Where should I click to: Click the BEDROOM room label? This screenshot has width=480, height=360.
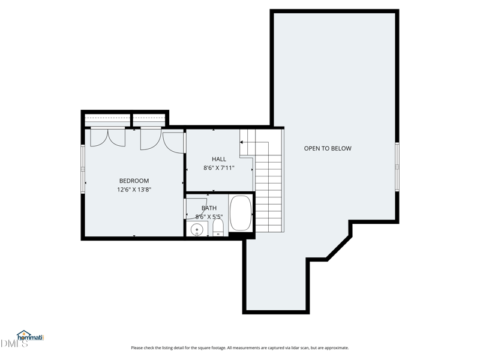pos(134,181)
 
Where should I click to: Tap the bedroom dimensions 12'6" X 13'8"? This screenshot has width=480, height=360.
pos(134,190)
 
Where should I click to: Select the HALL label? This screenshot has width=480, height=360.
pos(219,159)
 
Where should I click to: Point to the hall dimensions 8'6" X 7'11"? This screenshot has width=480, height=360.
pos(219,168)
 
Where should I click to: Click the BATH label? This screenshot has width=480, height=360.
pos(209,208)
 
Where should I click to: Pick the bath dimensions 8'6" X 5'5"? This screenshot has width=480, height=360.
pos(209,217)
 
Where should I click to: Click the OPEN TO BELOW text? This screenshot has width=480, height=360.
pos(328,148)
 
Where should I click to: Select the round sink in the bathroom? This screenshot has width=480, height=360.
pos(197,229)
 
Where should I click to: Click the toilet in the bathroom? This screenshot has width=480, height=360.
pos(218,228)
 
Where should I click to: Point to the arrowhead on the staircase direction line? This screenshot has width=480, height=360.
pos(241,142)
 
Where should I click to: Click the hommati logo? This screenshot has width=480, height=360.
pos(31,336)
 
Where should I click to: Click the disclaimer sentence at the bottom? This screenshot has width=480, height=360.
pos(239,348)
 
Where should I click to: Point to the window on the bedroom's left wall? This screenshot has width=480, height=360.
pos(83,169)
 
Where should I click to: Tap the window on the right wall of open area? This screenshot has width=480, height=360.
pos(397,167)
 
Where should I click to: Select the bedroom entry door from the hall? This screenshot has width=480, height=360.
pos(173,143)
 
